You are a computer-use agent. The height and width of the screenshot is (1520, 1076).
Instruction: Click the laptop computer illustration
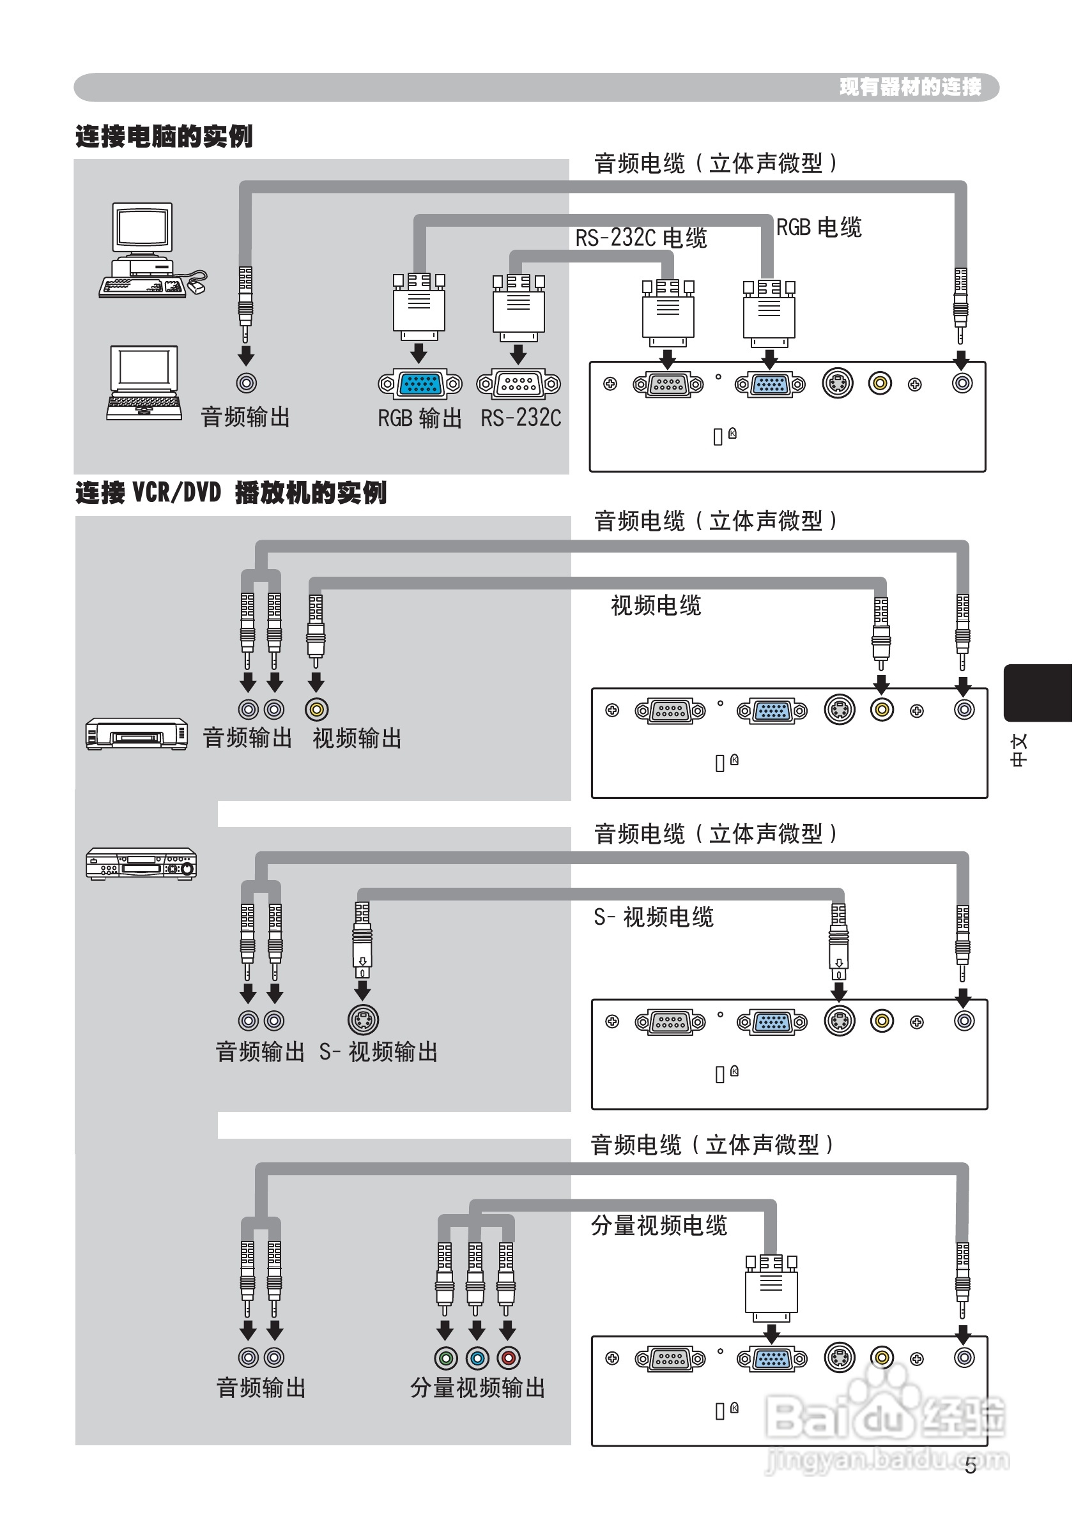pyautogui.click(x=144, y=383)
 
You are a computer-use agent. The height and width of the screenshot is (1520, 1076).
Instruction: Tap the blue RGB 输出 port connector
pyautogui.click(x=420, y=383)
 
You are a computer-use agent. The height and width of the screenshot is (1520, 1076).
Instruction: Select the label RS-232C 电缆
pyautogui.click(x=641, y=238)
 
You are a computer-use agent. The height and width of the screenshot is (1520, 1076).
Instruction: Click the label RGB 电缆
pyautogui.click(x=819, y=227)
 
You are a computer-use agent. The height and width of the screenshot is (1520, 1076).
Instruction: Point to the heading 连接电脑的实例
pyautogui.click(x=164, y=137)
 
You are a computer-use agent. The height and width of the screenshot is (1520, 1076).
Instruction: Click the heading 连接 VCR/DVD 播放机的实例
pyautogui.click(x=231, y=493)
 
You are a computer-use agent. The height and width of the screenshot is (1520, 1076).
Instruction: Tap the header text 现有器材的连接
pyautogui.click(x=910, y=87)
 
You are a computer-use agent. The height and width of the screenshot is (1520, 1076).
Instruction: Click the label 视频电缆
pyautogui.click(x=656, y=605)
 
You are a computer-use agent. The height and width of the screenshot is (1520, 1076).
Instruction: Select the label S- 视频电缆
pyautogui.click(x=653, y=917)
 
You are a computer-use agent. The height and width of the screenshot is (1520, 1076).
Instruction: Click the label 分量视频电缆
pyautogui.click(x=659, y=1226)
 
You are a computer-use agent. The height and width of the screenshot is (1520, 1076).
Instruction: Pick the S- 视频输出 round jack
pyautogui.click(x=363, y=1021)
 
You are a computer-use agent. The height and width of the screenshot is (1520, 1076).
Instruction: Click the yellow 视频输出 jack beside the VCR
pyautogui.click(x=317, y=710)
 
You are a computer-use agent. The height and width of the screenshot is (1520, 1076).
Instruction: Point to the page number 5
pyautogui.click(x=970, y=1466)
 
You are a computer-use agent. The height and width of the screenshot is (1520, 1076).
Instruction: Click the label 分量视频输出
pyautogui.click(x=477, y=1388)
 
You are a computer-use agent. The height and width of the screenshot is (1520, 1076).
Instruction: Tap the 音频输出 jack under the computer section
pyautogui.click(x=247, y=383)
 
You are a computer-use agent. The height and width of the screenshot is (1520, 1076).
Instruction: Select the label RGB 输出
pyautogui.click(x=419, y=418)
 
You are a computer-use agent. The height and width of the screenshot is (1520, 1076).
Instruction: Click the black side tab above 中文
pyautogui.click(x=1037, y=693)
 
